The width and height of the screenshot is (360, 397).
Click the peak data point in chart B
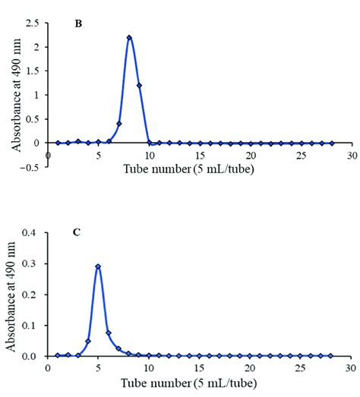tap(129, 38)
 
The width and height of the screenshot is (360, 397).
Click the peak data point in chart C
tap(98, 266)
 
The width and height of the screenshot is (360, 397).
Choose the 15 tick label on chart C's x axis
tap(200, 367)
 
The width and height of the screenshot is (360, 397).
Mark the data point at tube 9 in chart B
tap(139, 86)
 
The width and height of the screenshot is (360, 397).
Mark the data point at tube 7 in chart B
tap(119, 124)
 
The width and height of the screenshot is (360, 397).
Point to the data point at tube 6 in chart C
tap(109, 332)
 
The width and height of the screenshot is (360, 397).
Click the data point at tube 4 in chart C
tap(88, 341)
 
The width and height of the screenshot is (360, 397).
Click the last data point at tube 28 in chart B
tap(331, 143)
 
